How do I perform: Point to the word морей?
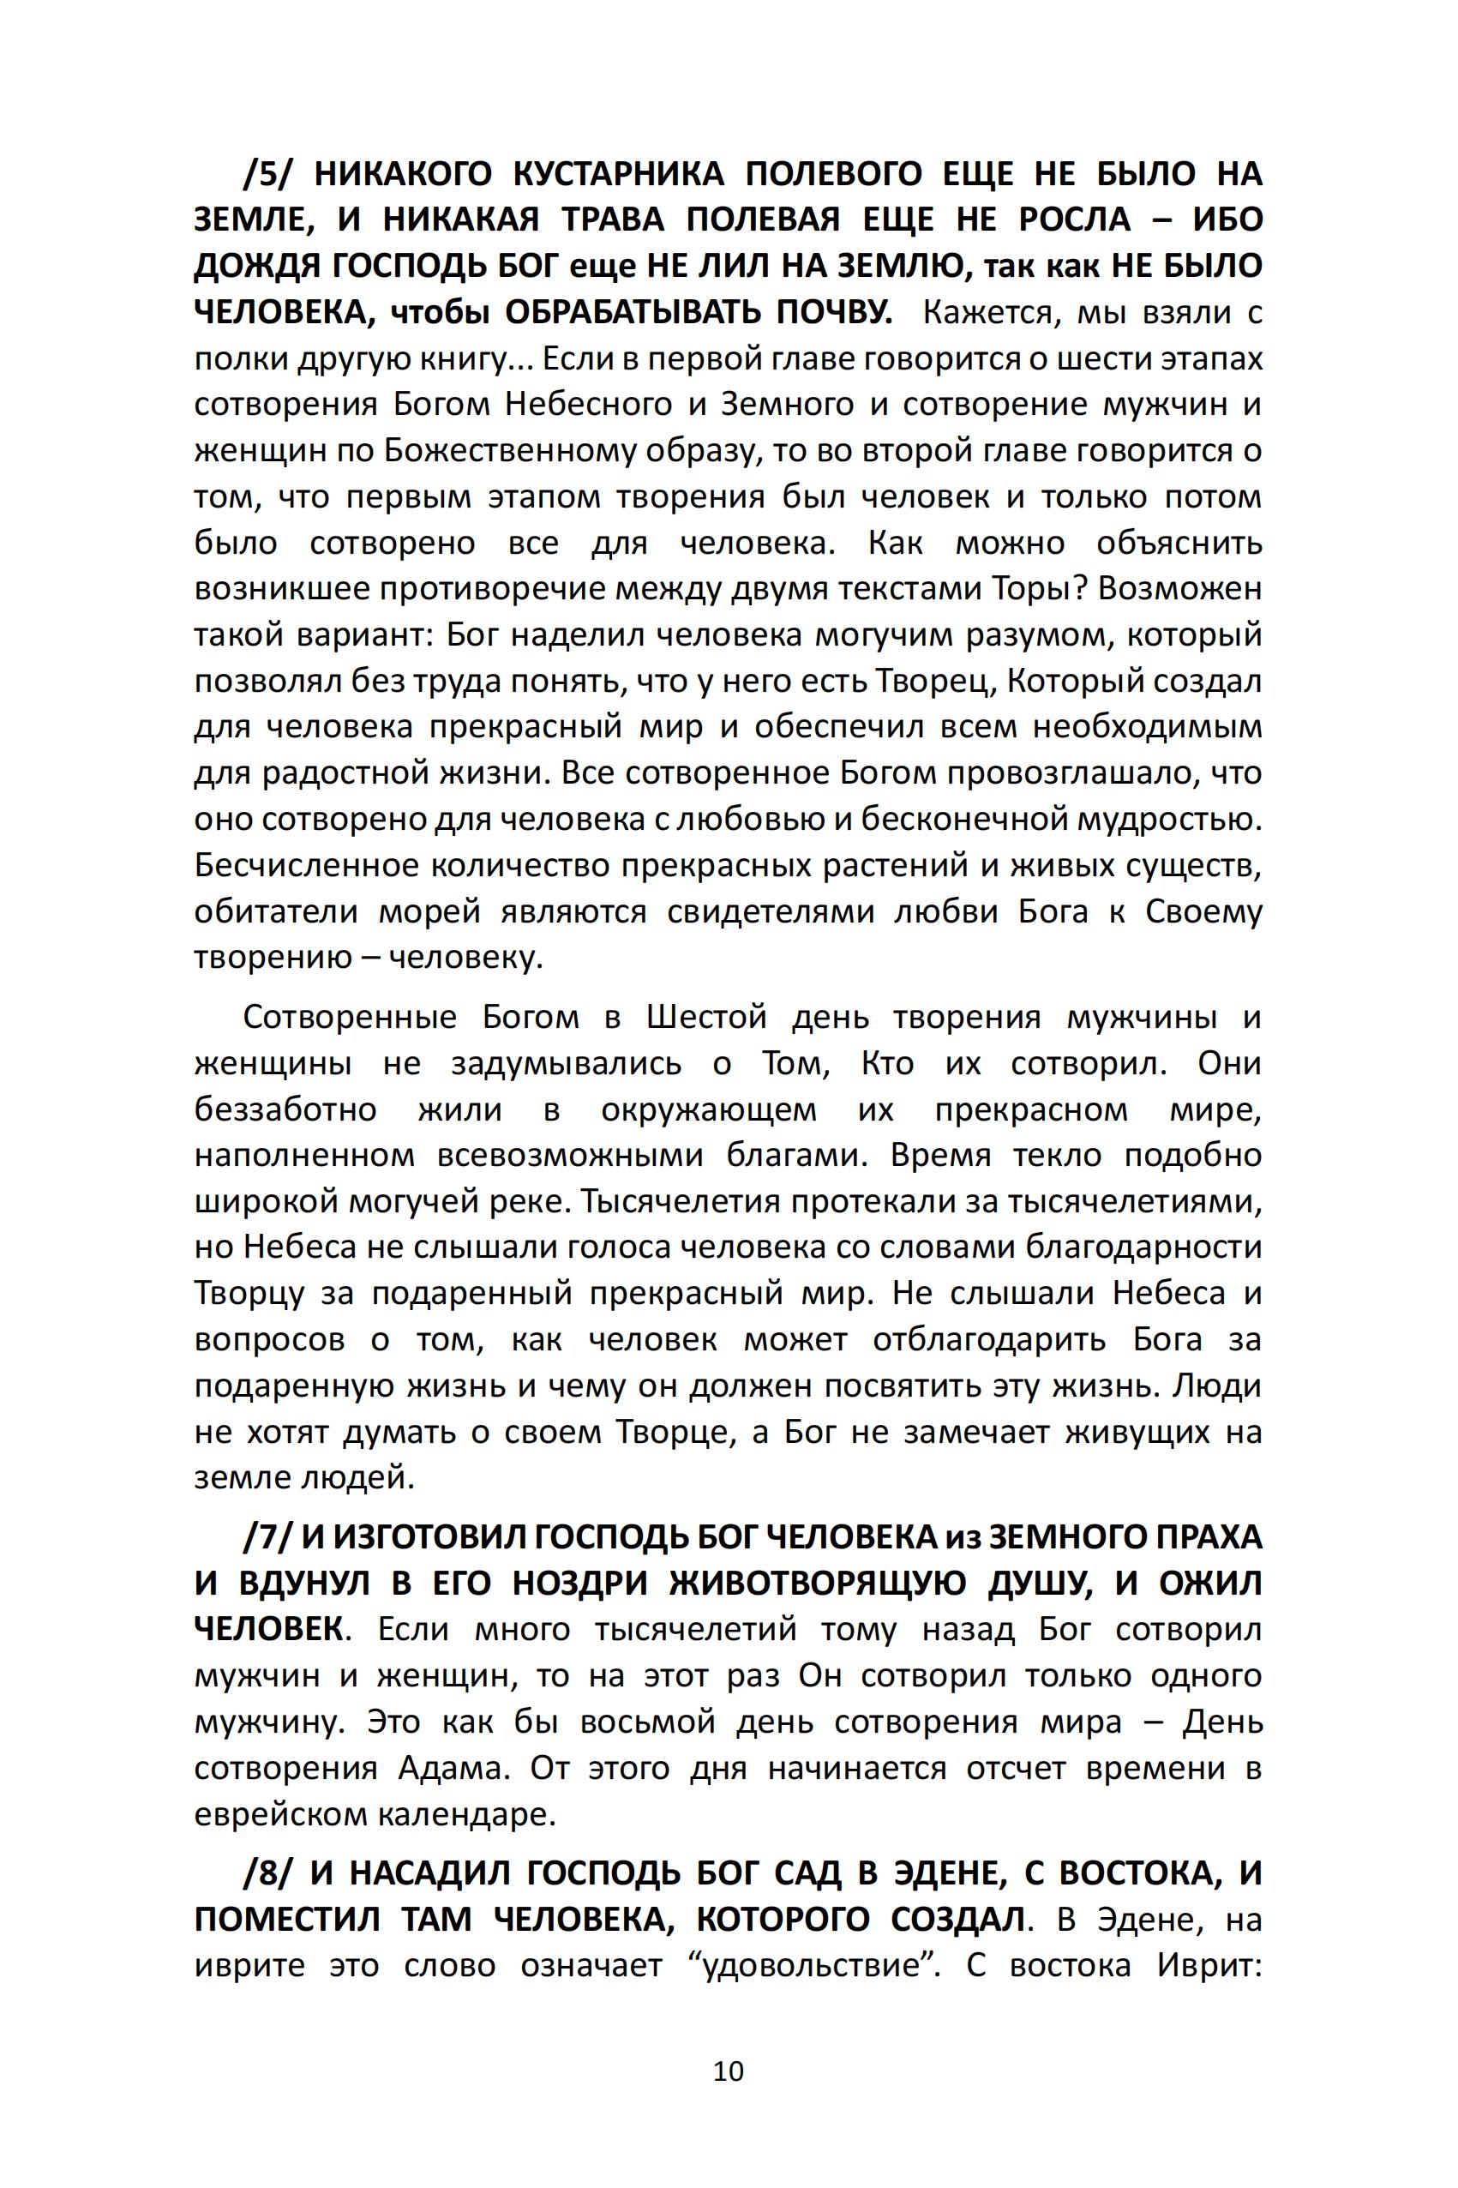pyautogui.click(x=429, y=911)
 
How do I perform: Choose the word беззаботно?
pyautogui.click(x=285, y=1109)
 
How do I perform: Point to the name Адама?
pyautogui.click(x=453, y=1768)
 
